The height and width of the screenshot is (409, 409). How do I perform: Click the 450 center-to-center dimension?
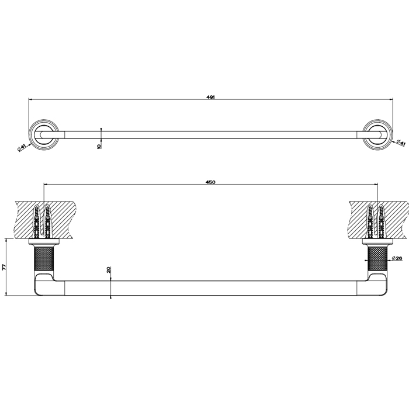coord(211,182)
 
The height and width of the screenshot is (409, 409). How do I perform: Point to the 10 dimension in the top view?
coord(99,146)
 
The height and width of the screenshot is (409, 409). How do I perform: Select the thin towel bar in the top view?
coord(210,134)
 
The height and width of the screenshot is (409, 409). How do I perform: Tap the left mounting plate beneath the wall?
coord(43,241)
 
